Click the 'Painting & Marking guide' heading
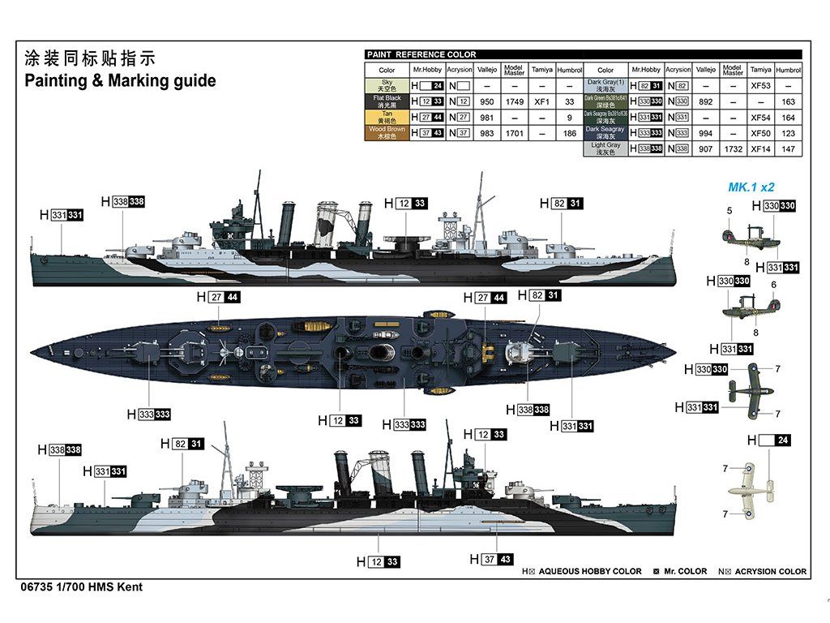pyautogui.click(x=120, y=81)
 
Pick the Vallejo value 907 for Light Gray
pyautogui.click(x=705, y=149)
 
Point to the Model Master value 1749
pyautogui.click(x=514, y=102)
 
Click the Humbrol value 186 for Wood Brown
pyautogui.click(x=570, y=133)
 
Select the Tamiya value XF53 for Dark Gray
pyautogui.click(x=760, y=86)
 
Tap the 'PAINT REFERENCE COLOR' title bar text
pyautogui.click(x=421, y=54)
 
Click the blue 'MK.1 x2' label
pyautogui.click(x=751, y=187)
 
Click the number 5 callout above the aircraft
pyautogui.click(x=729, y=211)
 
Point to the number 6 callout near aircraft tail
pyautogui.click(x=773, y=285)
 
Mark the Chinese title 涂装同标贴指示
pyautogui.click(x=89, y=58)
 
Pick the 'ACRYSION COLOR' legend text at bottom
pyautogui.click(x=768, y=571)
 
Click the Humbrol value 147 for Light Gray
pyautogui.click(x=788, y=149)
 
